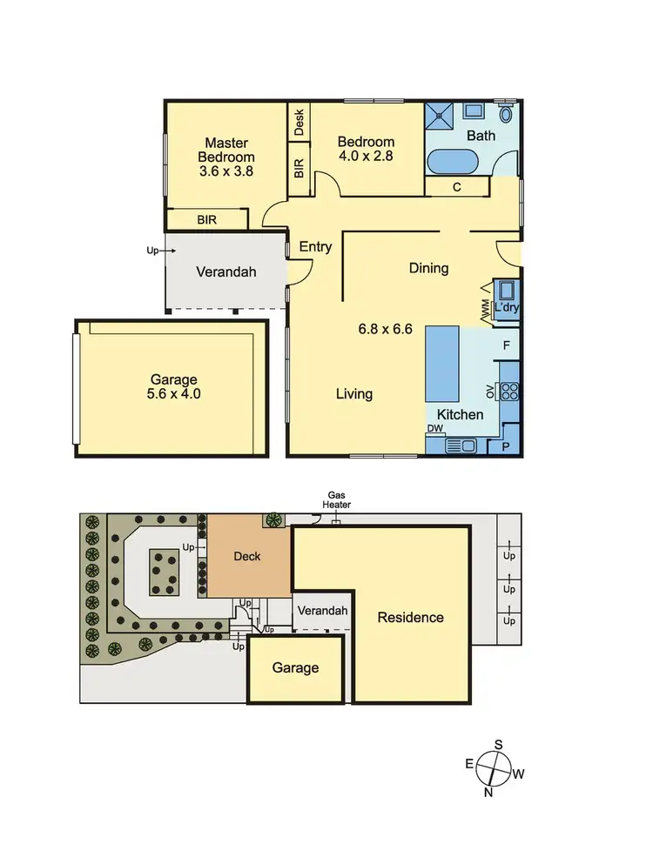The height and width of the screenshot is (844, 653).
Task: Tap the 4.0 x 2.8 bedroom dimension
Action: click(366, 157)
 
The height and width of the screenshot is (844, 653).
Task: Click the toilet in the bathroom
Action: click(507, 114)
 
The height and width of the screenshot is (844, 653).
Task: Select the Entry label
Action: click(315, 247)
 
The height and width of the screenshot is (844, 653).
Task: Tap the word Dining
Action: click(428, 268)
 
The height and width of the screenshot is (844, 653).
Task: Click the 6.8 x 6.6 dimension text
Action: click(385, 330)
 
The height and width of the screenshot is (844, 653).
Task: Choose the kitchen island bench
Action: click(441, 362)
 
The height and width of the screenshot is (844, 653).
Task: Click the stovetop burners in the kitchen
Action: click(510, 392)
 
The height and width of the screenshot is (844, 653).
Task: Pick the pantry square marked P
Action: click(505, 445)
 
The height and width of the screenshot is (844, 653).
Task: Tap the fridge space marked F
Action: click(506, 345)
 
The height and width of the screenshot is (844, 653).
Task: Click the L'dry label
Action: click(506, 308)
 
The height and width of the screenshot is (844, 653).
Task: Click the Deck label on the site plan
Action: click(248, 557)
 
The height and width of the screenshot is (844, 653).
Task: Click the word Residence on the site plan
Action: click(410, 618)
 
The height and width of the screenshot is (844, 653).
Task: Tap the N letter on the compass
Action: click(488, 792)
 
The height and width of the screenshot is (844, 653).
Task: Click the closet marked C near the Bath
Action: click(457, 186)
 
